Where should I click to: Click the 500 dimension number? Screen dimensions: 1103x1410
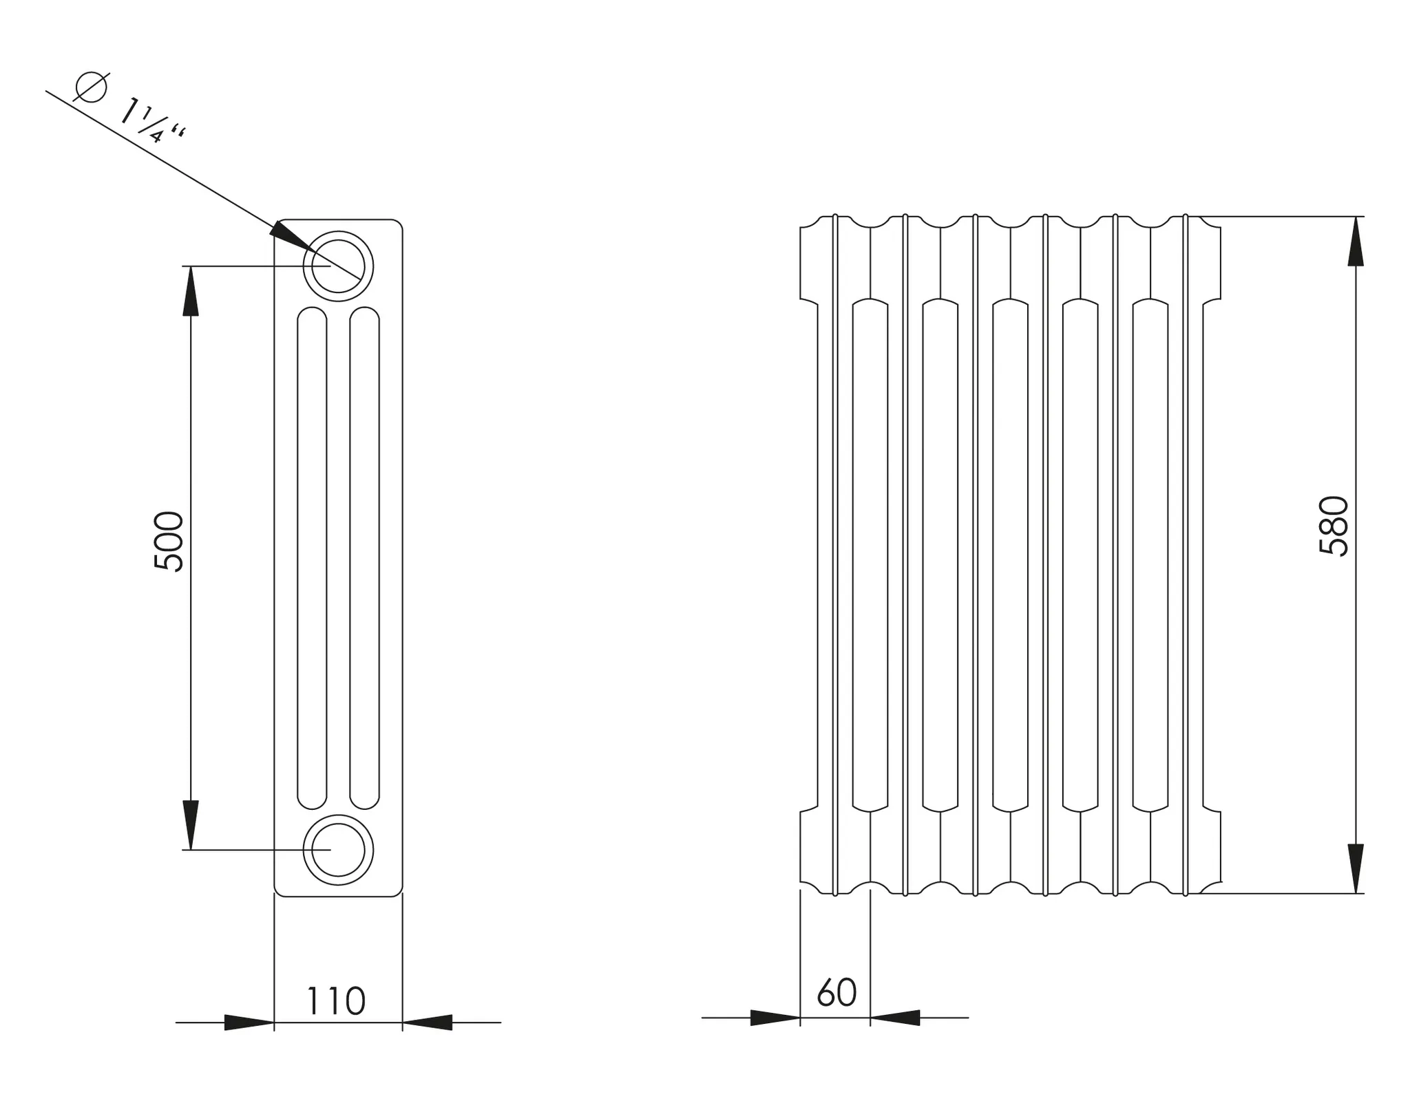[169, 541]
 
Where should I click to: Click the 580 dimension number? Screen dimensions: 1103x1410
[1334, 526]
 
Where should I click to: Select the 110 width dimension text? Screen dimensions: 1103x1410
[335, 1002]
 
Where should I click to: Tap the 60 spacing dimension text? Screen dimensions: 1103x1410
[836, 993]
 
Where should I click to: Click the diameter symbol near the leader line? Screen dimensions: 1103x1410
[91, 87]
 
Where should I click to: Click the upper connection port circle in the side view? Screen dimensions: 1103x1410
[338, 266]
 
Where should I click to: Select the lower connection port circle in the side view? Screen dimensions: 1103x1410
[338, 850]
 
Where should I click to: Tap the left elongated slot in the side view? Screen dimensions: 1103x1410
[312, 557]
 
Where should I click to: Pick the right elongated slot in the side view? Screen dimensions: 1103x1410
[364, 557]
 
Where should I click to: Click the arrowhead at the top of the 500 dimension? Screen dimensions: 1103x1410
[191, 290]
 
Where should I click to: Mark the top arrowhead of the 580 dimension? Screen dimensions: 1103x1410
[1356, 241]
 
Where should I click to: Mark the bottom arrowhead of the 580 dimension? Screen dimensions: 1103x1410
[1356, 868]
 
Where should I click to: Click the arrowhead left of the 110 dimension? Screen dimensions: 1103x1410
[249, 1022]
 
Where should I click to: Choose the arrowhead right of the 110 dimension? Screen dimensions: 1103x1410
[428, 1022]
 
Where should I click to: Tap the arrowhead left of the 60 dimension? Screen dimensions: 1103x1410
[775, 1018]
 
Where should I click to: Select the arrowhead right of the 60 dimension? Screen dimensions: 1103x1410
[895, 1018]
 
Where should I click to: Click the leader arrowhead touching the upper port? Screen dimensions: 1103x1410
[289, 235]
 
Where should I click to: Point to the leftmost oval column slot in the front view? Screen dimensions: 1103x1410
[870, 556]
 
